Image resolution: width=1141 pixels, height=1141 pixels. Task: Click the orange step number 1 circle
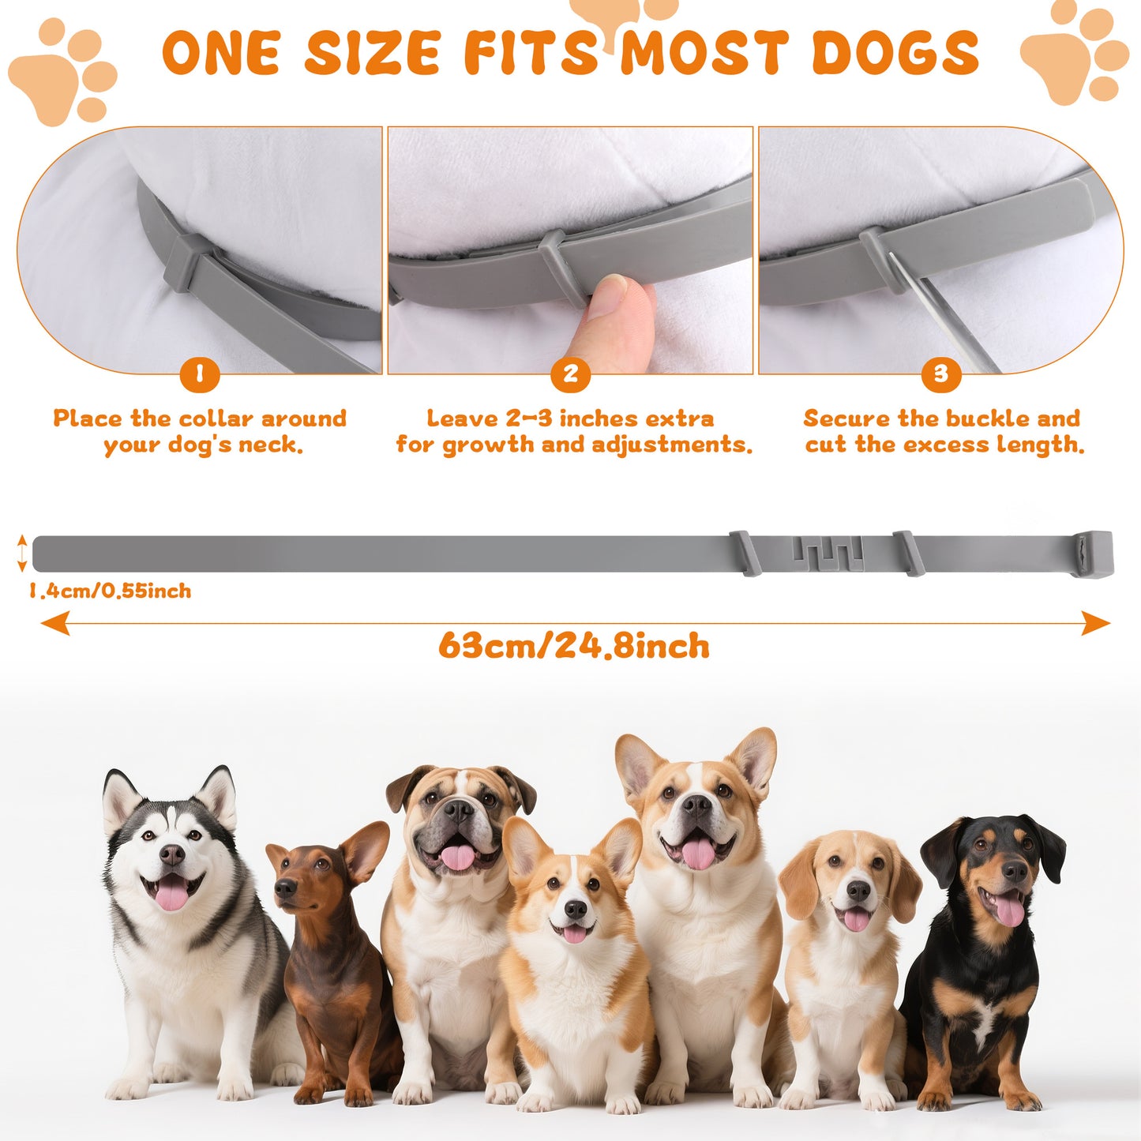pos(199,374)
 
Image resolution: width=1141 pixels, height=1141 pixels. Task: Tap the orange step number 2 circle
pos(570,374)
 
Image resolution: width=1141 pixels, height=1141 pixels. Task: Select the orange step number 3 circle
pos(940,374)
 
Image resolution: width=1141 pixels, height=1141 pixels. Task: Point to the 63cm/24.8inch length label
pos(574,646)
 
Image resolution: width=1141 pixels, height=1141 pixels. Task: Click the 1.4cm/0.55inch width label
pos(111,591)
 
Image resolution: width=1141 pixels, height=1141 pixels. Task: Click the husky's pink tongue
pos(172,895)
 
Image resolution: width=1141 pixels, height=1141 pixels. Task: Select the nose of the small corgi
pos(576,910)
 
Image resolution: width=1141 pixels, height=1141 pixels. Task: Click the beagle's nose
pos(858,891)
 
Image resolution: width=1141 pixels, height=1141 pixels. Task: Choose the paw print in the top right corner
pos(1075,55)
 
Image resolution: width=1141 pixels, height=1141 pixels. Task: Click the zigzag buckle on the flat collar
pos(828,553)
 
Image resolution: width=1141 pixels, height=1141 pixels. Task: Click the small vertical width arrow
pos(22,553)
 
